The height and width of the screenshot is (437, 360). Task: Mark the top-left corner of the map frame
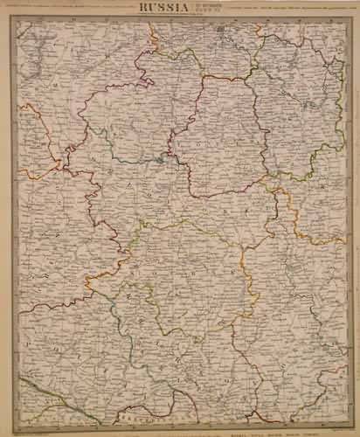(16, 19)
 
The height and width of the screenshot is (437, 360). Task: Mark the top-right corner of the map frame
(345, 19)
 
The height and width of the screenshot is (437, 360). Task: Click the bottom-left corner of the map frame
(16, 424)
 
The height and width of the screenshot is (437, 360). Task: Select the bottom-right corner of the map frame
(345, 424)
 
